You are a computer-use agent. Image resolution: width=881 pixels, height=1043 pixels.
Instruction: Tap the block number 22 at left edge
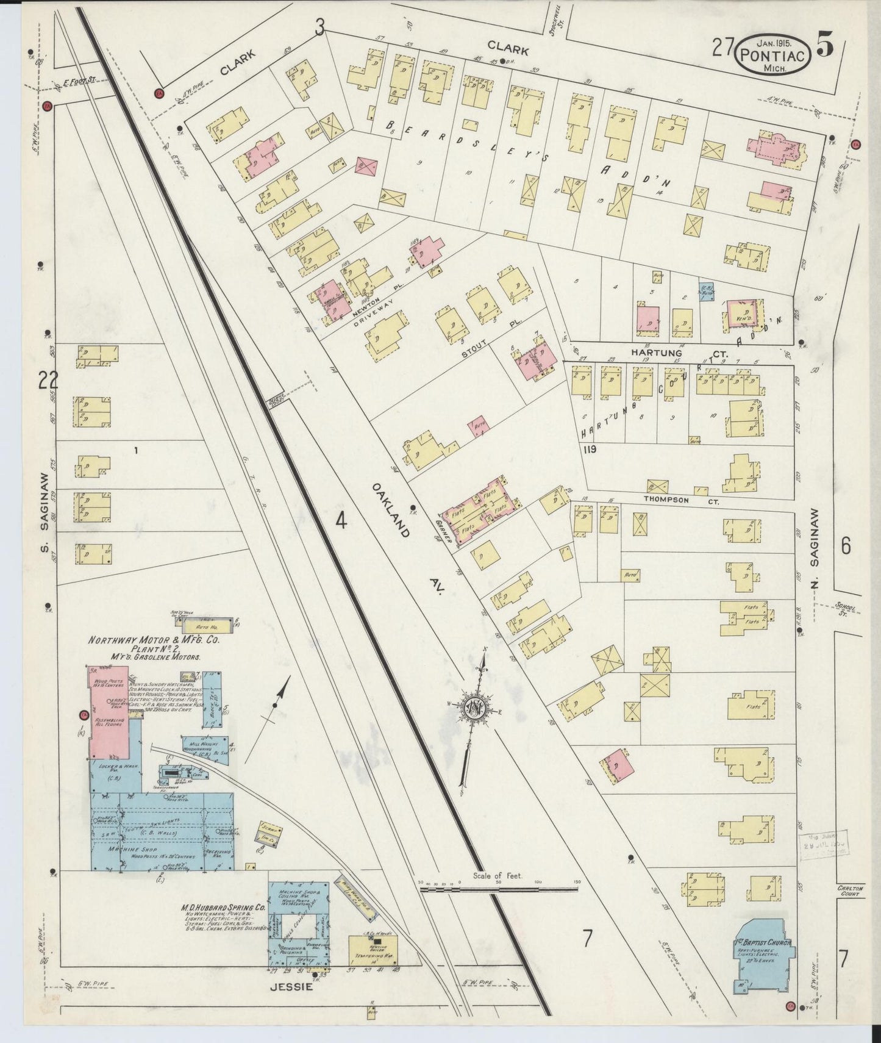(x=48, y=381)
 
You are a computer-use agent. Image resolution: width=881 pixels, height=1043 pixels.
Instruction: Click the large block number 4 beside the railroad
(x=341, y=521)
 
